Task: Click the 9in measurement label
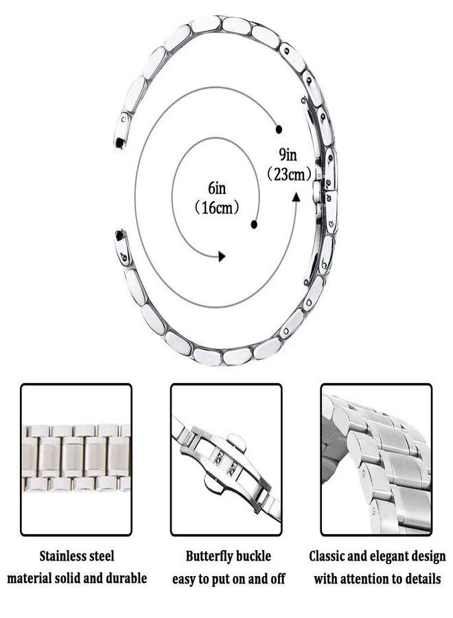point(288,155)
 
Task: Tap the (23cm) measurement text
point(290,174)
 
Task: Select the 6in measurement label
point(217,188)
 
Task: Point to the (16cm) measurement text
point(217,207)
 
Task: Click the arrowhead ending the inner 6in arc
point(222,256)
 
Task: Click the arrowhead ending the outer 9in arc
point(296,196)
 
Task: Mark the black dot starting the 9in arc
point(279,129)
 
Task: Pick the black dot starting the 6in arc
point(254,225)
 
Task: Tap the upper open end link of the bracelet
point(121,129)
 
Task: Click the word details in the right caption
point(421,578)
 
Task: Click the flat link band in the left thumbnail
point(76,457)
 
